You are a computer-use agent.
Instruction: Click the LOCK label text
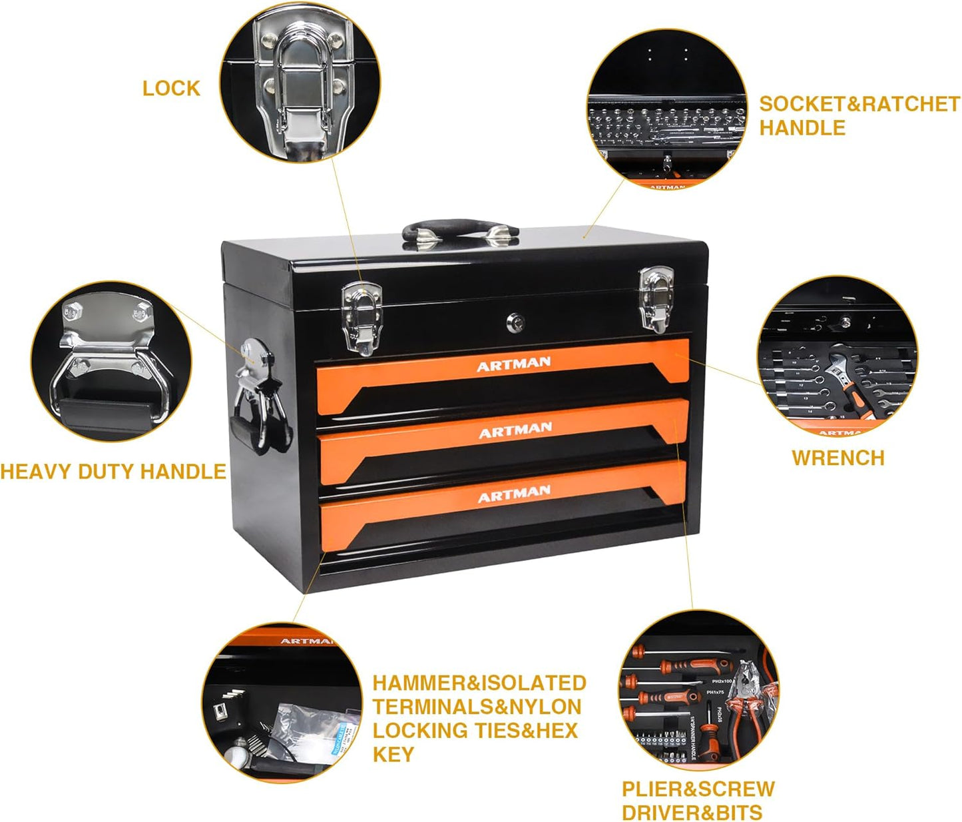click(171, 89)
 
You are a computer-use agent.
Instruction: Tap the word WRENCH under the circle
click(838, 458)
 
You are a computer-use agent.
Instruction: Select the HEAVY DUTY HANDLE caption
click(113, 472)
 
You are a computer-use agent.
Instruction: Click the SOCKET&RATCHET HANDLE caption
click(859, 116)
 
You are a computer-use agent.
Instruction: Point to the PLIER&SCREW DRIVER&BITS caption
click(698, 801)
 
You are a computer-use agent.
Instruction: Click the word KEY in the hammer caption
click(393, 755)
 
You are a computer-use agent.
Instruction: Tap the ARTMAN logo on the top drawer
click(513, 364)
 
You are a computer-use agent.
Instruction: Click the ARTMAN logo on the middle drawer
click(515, 430)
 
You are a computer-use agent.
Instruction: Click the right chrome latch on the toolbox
click(656, 298)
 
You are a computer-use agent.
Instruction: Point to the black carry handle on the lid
click(459, 232)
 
